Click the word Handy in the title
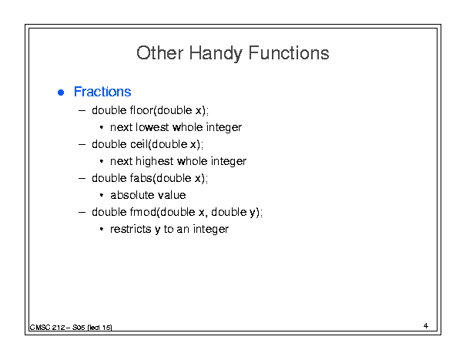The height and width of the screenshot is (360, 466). pyautogui.click(x=215, y=54)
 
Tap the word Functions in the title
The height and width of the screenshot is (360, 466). pyautogui.click(x=289, y=53)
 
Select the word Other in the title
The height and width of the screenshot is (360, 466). pyautogui.click(x=159, y=53)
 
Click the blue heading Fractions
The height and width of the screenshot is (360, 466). pyautogui.click(x=102, y=92)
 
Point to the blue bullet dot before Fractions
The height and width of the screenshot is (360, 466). pyautogui.click(x=61, y=93)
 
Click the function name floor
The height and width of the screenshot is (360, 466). pyautogui.click(x=142, y=110)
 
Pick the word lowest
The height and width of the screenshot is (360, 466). pyautogui.click(x=153, y=127)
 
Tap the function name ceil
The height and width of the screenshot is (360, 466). pyautogui.click(x=139, y=144)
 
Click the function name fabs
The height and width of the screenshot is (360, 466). pyautogui.click(x=141, y=178)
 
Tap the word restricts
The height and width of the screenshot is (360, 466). pyautogui.click(x=131, y=229)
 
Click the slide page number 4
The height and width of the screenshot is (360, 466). pyautogui.click(x=426, y=326)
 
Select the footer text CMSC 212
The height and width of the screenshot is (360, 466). pyautogui.click(x=47, y=328)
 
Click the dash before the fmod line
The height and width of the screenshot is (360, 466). pyautogui.click(x=82, y=213)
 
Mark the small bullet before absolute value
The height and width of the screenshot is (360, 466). pyautogui.click(x=102, y=195)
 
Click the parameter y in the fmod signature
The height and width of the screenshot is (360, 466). pyautogui.click(x=253, y=214)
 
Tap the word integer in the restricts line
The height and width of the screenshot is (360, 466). pyautogui.click(x=211, y=230)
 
